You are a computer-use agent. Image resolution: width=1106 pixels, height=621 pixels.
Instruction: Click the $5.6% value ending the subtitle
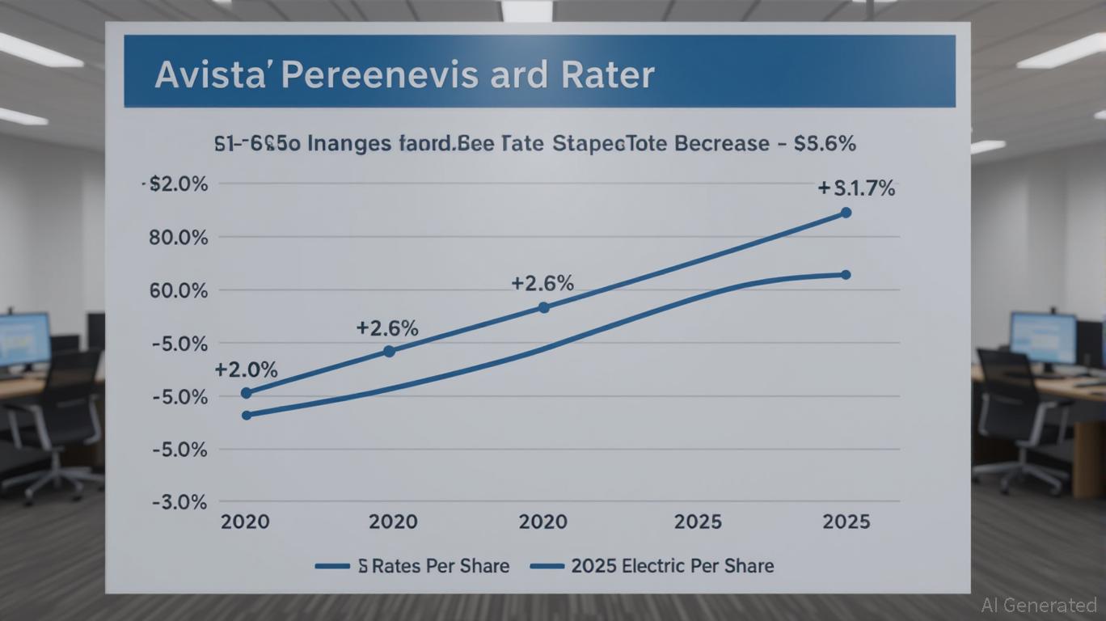(825, 144)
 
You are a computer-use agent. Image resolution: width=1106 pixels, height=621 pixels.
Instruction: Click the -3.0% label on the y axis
(179, 502)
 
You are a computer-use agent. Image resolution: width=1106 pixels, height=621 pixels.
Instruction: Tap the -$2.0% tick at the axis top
(175, 184)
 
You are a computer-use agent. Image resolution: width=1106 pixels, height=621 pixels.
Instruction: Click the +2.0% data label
(246, 370)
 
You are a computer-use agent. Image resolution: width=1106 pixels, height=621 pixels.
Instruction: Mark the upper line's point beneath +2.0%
(247, 393)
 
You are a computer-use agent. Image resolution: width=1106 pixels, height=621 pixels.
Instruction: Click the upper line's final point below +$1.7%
(846, 213)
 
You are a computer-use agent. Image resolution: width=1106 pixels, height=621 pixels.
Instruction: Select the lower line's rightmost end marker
(846, 275)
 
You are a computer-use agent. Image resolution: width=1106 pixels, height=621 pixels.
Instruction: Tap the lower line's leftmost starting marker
(247, 415)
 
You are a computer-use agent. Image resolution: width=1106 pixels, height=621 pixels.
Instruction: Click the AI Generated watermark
(1038, 604)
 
